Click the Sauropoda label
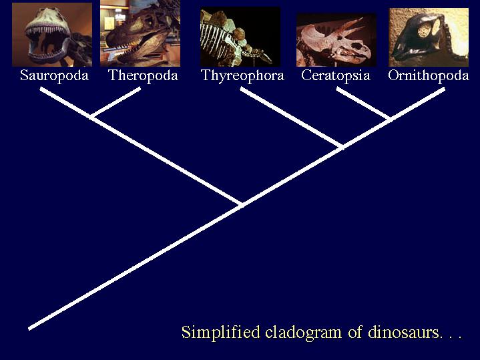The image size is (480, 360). [x=54, y=75]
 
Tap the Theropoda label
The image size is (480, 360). [x=144, y=75]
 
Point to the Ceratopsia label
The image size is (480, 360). [x=336, y=75]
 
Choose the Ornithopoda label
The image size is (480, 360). [x=429, y=75]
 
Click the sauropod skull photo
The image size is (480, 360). [x=52, y=35]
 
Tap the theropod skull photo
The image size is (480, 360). [x=140, y=33]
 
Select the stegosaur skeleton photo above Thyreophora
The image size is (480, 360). [x=240, y=37]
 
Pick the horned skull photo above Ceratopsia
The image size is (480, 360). [x=336, y=40]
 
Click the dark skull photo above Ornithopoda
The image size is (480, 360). [x=429, y=37]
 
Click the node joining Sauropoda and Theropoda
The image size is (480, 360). [x=91, y=116]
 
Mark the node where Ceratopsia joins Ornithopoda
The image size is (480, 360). [x=390, y=119]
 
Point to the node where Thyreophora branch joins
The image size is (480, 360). [x=342, y=146]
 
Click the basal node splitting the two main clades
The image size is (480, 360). [x=242, y=204]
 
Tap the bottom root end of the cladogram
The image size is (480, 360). [x=29, y=329]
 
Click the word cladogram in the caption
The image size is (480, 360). [x=303, y=333]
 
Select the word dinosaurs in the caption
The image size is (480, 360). [x=403, y=332]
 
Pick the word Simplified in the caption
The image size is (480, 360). [x=221, y=333]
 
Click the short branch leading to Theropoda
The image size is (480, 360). [x=116, y=102]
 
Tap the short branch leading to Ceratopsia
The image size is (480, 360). [x=363, y=104]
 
